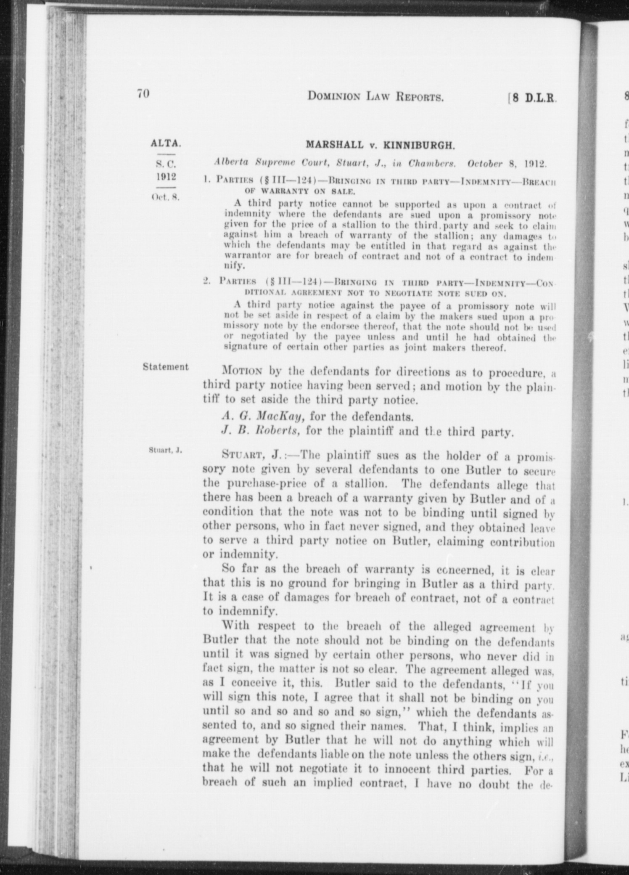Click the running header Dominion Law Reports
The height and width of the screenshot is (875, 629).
pyautogui.click(x=375, y=97)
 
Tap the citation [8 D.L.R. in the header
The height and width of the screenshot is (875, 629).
pyautogui.click(x=533, y=98)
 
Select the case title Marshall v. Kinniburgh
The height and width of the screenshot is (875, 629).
pyautogui.click(x=380, y=146)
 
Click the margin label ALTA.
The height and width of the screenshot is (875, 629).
pyautogui.click(x=166, y=143)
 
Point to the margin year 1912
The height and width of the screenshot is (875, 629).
pyautogui.click(x=166, y=176)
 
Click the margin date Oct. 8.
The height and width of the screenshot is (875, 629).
pyautogui.click(x=166, y=197)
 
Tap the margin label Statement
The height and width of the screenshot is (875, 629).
pyautogui.click(x=166, y=367)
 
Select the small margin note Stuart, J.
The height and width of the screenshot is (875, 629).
pyautogui.click(x=165, y=450)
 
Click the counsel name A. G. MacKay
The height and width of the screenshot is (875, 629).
pyautogui.click(x=263, y=416)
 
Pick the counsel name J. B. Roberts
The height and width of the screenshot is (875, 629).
pyautogui.click(x=261, y=431)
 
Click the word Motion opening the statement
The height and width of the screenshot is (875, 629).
pyautogui.click(x=243, y=372)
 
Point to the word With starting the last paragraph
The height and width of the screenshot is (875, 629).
pyautogui.click(x=237, y=626)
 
